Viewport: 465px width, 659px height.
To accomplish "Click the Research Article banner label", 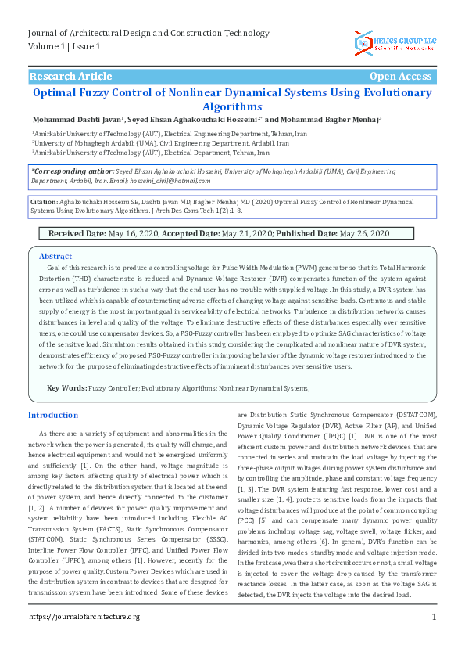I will pos(70,77).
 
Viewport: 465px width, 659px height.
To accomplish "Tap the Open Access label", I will pos(400,77).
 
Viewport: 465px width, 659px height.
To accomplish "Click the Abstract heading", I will pos(55,257).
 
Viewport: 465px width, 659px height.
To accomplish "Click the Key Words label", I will pos(66,388).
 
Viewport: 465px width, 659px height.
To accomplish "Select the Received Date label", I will pos(77,234).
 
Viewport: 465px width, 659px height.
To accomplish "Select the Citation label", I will pos(43,201).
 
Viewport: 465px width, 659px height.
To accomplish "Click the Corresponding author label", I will pos(72,171).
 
